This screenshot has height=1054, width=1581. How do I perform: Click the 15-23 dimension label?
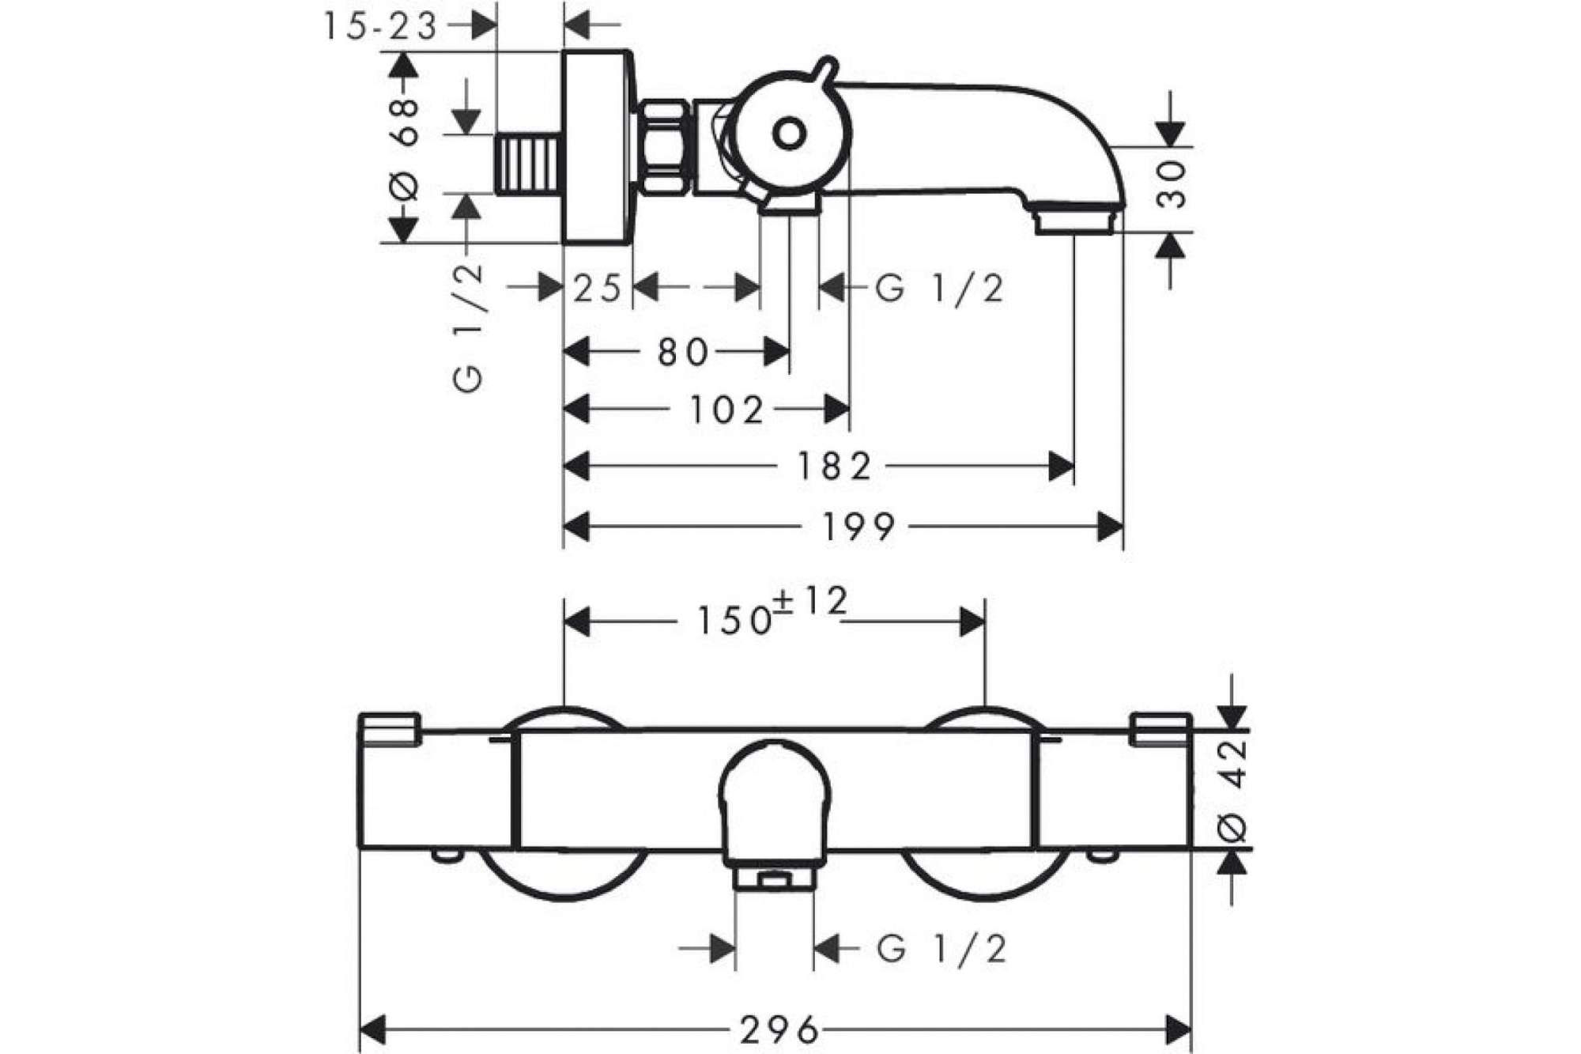point(379,27)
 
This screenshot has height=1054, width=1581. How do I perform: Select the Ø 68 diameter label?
point(405,147)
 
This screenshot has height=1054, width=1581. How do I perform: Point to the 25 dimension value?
point(597,289)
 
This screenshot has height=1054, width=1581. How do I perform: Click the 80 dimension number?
point(683,353)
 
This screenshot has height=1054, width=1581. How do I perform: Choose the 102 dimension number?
point(728,410)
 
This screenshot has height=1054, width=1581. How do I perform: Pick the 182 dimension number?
point(835,467)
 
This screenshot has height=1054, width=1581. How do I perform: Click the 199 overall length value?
point(859,527)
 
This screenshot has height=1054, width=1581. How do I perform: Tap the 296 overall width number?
point(779,1030)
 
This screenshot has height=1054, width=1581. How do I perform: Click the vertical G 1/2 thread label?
point(468,327)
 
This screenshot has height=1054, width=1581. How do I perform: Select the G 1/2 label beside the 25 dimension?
point(939,289)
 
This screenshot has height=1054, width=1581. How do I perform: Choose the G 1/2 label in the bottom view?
point(941,949)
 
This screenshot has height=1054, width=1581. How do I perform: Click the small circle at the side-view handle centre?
point(789,134)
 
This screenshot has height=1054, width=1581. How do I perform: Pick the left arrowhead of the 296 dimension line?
point(372,1030)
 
